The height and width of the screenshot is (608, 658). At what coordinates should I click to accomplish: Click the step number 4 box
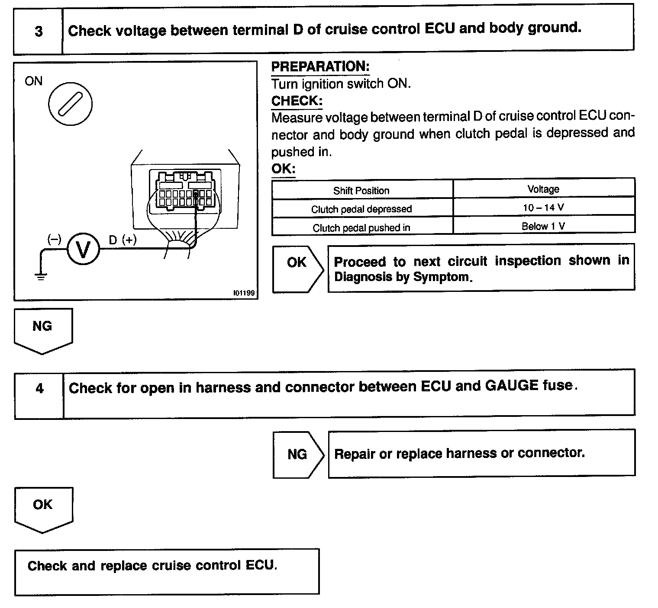[39, 388]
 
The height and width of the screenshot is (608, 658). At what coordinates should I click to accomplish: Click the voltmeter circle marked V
[83, 249]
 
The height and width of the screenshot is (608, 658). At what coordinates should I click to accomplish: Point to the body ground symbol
[41, 277]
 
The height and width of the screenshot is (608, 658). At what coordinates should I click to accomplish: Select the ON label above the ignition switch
[34, 81]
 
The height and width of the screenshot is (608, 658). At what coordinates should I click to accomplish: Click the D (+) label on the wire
[123, 240]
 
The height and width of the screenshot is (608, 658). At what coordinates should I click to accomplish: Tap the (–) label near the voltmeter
[55, 239]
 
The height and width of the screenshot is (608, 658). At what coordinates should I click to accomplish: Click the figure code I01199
[244, 293]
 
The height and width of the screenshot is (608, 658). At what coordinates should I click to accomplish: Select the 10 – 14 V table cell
[543, 208]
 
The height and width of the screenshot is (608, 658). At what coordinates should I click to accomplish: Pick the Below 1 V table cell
[543, 226]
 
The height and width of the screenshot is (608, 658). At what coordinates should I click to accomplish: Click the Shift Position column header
[361, 191]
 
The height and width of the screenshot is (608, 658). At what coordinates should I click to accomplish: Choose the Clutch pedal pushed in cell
[361, 228]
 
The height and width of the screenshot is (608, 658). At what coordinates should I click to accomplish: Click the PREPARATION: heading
[320, 67]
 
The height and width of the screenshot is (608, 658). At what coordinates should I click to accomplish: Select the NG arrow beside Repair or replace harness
[297, 454]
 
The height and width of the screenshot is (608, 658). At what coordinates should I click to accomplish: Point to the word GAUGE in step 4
[512, 385]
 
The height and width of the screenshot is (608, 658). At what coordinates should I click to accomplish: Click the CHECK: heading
[297, 101]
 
